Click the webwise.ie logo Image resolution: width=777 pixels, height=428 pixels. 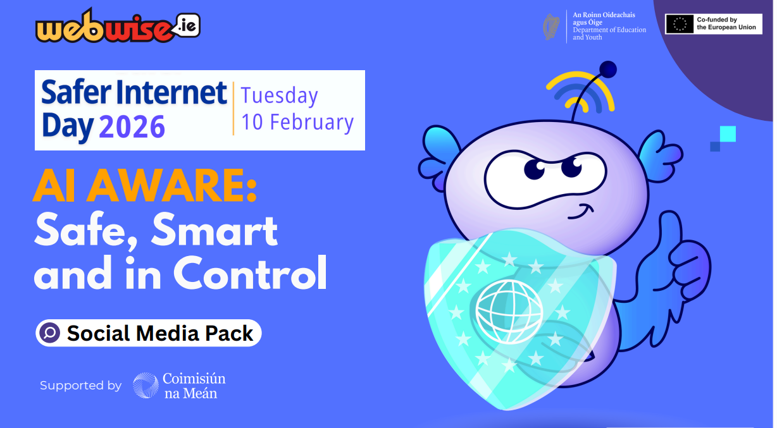(x=118, y=26)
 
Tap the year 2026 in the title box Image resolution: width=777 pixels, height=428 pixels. (x=132, y=127)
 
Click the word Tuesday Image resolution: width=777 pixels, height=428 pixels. (x=279, y=96)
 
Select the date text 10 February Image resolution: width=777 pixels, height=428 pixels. (x=297, y=122)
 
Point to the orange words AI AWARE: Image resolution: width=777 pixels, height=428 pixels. (x=145, y=186)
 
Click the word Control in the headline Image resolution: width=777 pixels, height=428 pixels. (x=250, y=273)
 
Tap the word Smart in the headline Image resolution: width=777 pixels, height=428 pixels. (x=214, y=229)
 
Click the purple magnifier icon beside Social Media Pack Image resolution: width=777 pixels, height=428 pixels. (x=49, y=333)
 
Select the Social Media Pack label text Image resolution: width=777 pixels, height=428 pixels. (x=160, y=333)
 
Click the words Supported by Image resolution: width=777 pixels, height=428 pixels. (x=80, y=386)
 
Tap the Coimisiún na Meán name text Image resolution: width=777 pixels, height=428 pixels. (x=194, y=386)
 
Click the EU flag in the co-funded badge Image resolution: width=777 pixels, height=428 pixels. (x=680, y=24)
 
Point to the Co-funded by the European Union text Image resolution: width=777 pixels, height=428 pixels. (x=726, y=23)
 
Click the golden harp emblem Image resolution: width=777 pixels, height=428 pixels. (x=551, y=27)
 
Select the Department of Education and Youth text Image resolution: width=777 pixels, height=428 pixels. (x=609, y=34)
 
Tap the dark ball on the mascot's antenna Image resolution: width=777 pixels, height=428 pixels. (x=607, y=70)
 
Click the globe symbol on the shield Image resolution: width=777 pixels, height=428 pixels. (x=509, y=312)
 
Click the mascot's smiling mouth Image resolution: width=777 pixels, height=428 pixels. (x=581, y=212)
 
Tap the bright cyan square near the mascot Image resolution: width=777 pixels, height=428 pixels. (x=728, y=134)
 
